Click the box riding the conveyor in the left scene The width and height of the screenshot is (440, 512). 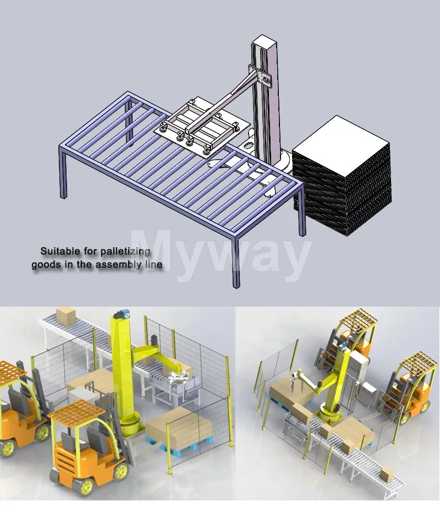[65, 315]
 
